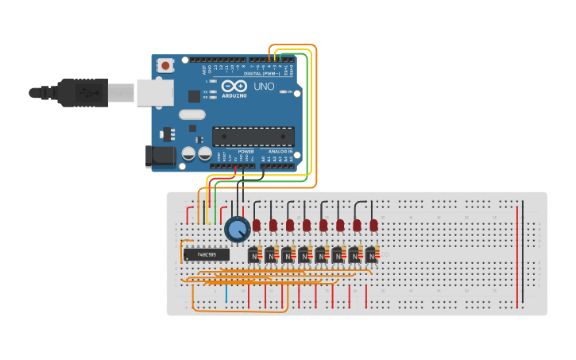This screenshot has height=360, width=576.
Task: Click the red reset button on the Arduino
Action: point(164,65)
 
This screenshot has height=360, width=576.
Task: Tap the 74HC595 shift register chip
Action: point(206,254)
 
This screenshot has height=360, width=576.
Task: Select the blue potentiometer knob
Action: point(237,230)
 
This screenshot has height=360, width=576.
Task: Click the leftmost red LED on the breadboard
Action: point(257,226)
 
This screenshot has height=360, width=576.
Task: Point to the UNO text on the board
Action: point(264,86)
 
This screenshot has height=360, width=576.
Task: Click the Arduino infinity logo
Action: point(234,86)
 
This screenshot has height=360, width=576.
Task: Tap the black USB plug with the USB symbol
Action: point(82,93)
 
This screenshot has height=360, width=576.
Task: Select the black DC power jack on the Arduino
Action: point(161,156)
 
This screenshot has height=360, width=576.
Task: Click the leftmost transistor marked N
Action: point(253,256)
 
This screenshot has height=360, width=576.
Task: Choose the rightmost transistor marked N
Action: point(370,256)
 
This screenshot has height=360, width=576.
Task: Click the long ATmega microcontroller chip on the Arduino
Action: point(253,137)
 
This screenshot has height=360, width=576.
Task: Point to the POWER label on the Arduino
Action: point(246,151)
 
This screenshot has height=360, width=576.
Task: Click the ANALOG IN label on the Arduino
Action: point(279,151)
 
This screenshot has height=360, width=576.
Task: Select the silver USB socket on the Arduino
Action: point(154,92)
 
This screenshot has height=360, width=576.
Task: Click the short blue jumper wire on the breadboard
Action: point(226,295)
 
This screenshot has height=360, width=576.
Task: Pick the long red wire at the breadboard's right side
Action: point(518,254)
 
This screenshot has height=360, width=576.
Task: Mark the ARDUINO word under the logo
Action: point(234,95)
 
